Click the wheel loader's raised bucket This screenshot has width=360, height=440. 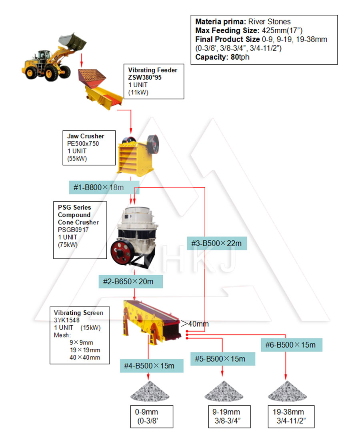(72, 42)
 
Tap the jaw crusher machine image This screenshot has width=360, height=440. (138, 155)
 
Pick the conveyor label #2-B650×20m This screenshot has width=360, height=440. (131, 282)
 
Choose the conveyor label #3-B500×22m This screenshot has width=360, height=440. (217, 243)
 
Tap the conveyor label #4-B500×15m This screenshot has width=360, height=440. (152, 366)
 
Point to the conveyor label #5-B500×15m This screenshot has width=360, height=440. (223, 359)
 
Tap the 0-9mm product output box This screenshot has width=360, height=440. (152, 417)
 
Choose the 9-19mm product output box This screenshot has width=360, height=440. (229, 417)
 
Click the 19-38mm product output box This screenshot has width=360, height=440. (291, 417)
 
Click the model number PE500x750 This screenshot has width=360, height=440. (83, 144)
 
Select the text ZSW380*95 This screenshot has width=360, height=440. (145, 78)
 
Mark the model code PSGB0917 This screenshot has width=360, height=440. (73, 230)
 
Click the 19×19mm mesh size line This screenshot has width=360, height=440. (85, 350)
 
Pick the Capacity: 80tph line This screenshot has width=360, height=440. (222, 57)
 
